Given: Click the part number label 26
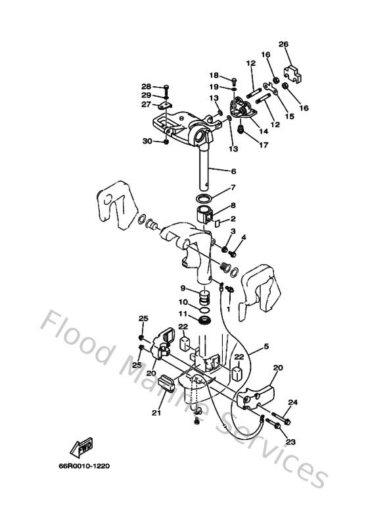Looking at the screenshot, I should (284, 45).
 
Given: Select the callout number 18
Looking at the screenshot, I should (214, 75).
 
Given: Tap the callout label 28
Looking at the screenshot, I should (146, 86).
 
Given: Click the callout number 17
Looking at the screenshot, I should (264, 145).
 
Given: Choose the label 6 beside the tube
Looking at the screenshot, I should (233, 171).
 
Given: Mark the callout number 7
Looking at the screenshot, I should (233, 188).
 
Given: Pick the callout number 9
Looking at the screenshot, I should (183, 288).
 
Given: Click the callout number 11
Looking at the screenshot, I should (183, 313).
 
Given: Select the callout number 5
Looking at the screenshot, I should (266, 346).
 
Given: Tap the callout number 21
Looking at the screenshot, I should (156, 413).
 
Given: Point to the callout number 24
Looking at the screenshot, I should (293, 402).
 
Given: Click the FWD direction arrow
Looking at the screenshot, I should (83, 448).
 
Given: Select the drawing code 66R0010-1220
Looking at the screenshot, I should (83, 466).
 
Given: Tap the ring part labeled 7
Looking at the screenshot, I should (206, 198).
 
